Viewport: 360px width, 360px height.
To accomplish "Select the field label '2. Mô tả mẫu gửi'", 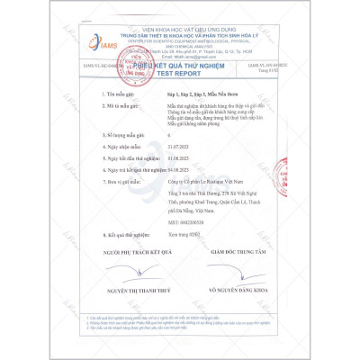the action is (126, 105).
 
